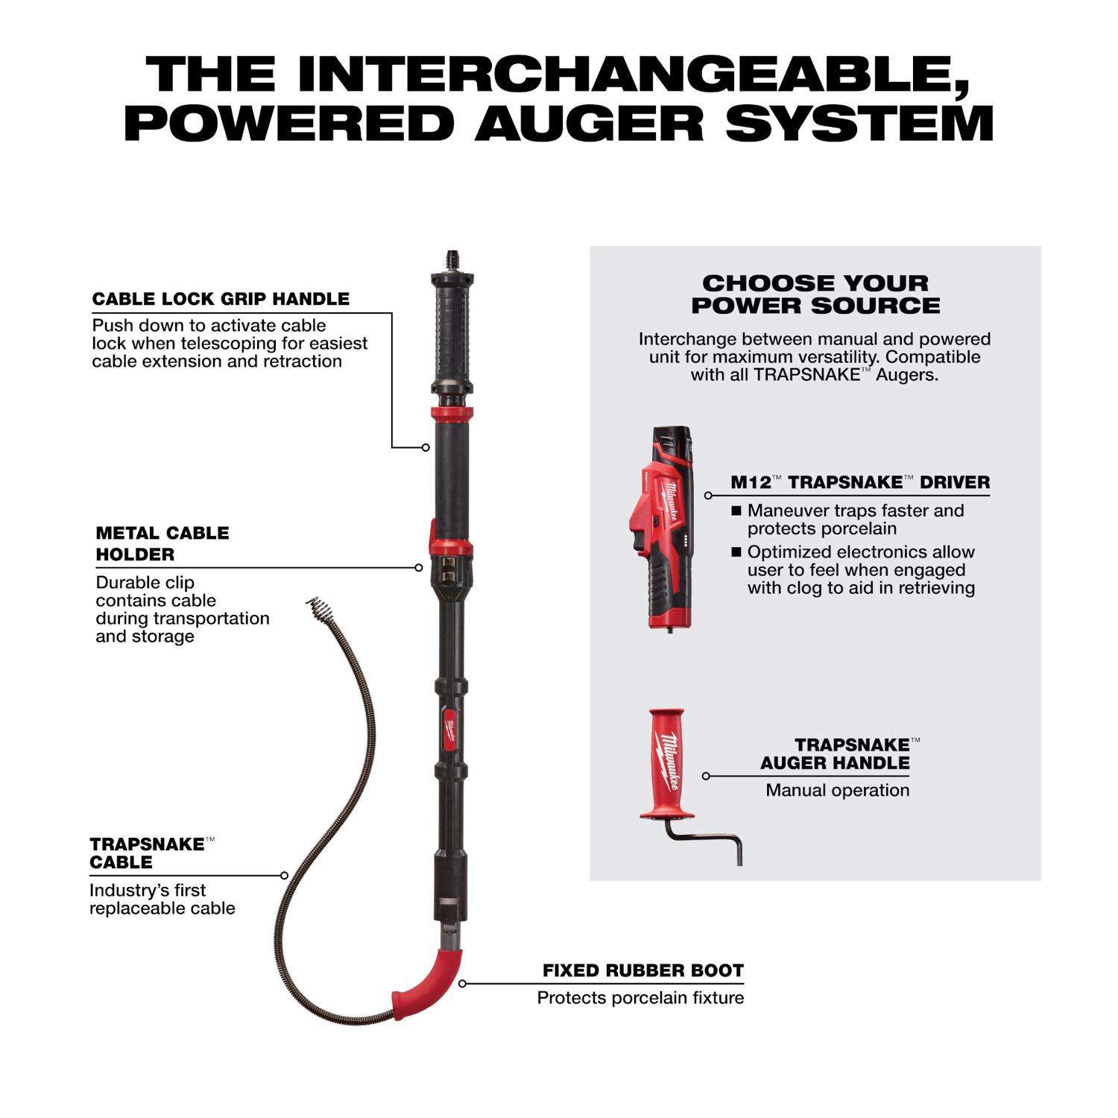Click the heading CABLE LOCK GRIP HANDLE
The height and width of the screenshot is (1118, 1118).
point(221,299)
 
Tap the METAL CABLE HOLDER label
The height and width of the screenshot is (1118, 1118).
point(162,543)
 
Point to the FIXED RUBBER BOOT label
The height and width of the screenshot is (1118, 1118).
point(643,970)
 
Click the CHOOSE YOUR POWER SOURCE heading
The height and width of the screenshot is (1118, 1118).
point(815,294)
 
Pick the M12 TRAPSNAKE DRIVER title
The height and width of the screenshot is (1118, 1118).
point(860,482)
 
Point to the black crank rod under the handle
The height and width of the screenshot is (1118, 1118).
point(704,841)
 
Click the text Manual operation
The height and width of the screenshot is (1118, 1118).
point(838,790)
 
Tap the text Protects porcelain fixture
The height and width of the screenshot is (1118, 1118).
point(640,998)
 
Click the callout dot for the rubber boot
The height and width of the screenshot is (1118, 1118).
point(462,984)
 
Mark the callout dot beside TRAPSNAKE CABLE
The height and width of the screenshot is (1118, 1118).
point(285,875)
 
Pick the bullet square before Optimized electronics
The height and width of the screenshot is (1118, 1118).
point(736,552)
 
